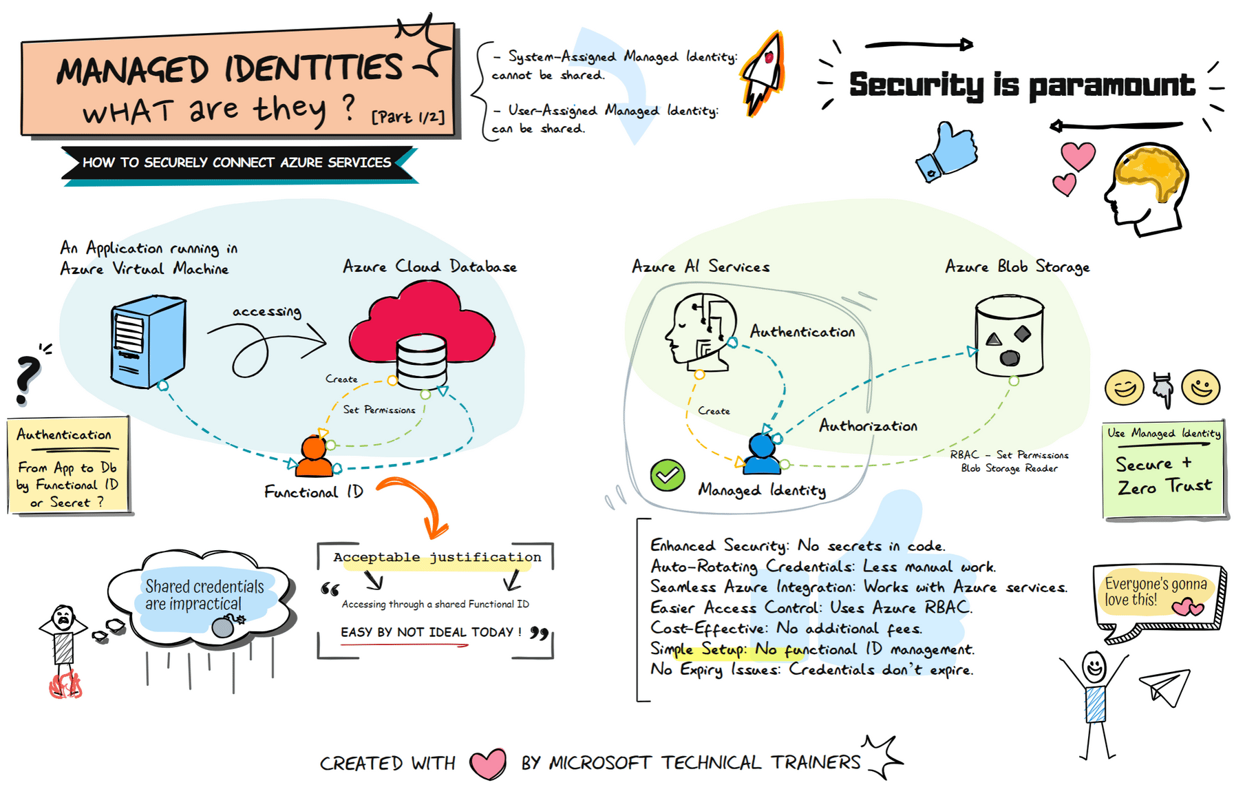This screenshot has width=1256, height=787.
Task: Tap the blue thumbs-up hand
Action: coord(949,152)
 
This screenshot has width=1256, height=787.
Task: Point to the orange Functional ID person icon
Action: coord(314,459)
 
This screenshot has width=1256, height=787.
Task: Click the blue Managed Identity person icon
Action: coord(762,455)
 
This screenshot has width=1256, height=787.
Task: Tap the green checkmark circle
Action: coord(667,475)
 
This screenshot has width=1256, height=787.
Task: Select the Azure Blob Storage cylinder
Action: coord(1009,336)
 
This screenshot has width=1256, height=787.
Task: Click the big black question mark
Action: coord(28,377)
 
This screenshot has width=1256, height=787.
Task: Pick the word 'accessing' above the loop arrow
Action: coord(266,311)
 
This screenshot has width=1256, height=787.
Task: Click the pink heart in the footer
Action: coord(487,763)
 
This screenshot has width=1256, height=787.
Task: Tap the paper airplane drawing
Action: coord(1166,686)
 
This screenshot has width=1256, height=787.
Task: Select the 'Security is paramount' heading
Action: coord(1021,85)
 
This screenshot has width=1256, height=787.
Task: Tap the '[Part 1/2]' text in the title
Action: coord(407,117)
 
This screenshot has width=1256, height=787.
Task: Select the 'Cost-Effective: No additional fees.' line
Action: coord(786,629)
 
